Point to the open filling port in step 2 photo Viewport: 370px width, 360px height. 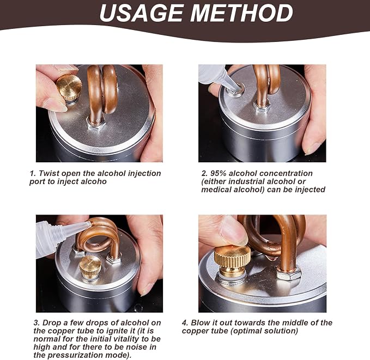(x=236, y=90)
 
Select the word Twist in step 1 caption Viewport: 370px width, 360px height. (x=49, y=173)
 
